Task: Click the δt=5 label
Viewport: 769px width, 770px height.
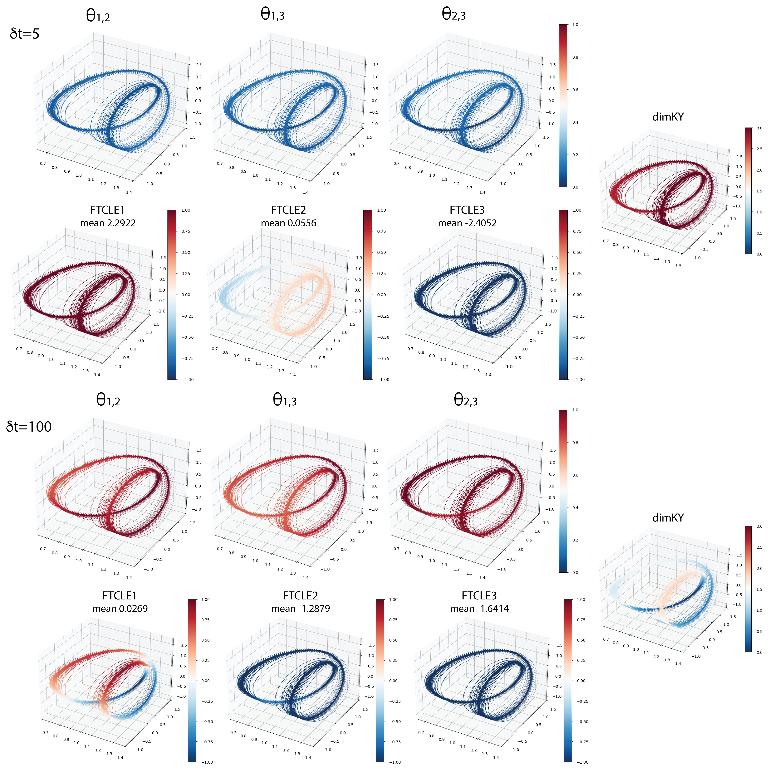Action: (25, 34)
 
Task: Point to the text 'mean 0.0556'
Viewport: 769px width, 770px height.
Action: (288, 223)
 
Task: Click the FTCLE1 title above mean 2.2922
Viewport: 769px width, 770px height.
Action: (108, 210)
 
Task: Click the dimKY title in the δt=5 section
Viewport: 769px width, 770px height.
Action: (668, 117)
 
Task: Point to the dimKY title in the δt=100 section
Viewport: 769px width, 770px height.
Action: (668, 518)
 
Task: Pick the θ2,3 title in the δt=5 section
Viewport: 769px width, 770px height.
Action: (453, 15)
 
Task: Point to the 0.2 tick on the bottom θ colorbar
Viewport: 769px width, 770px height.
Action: (575, 540)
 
